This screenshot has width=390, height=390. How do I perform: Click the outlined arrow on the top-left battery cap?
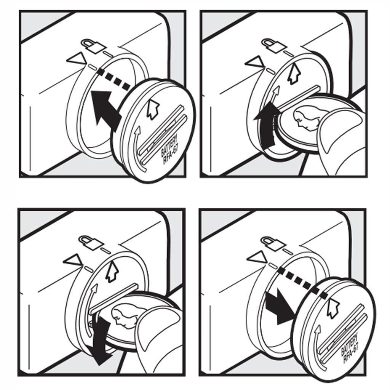[x=152, y=110]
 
